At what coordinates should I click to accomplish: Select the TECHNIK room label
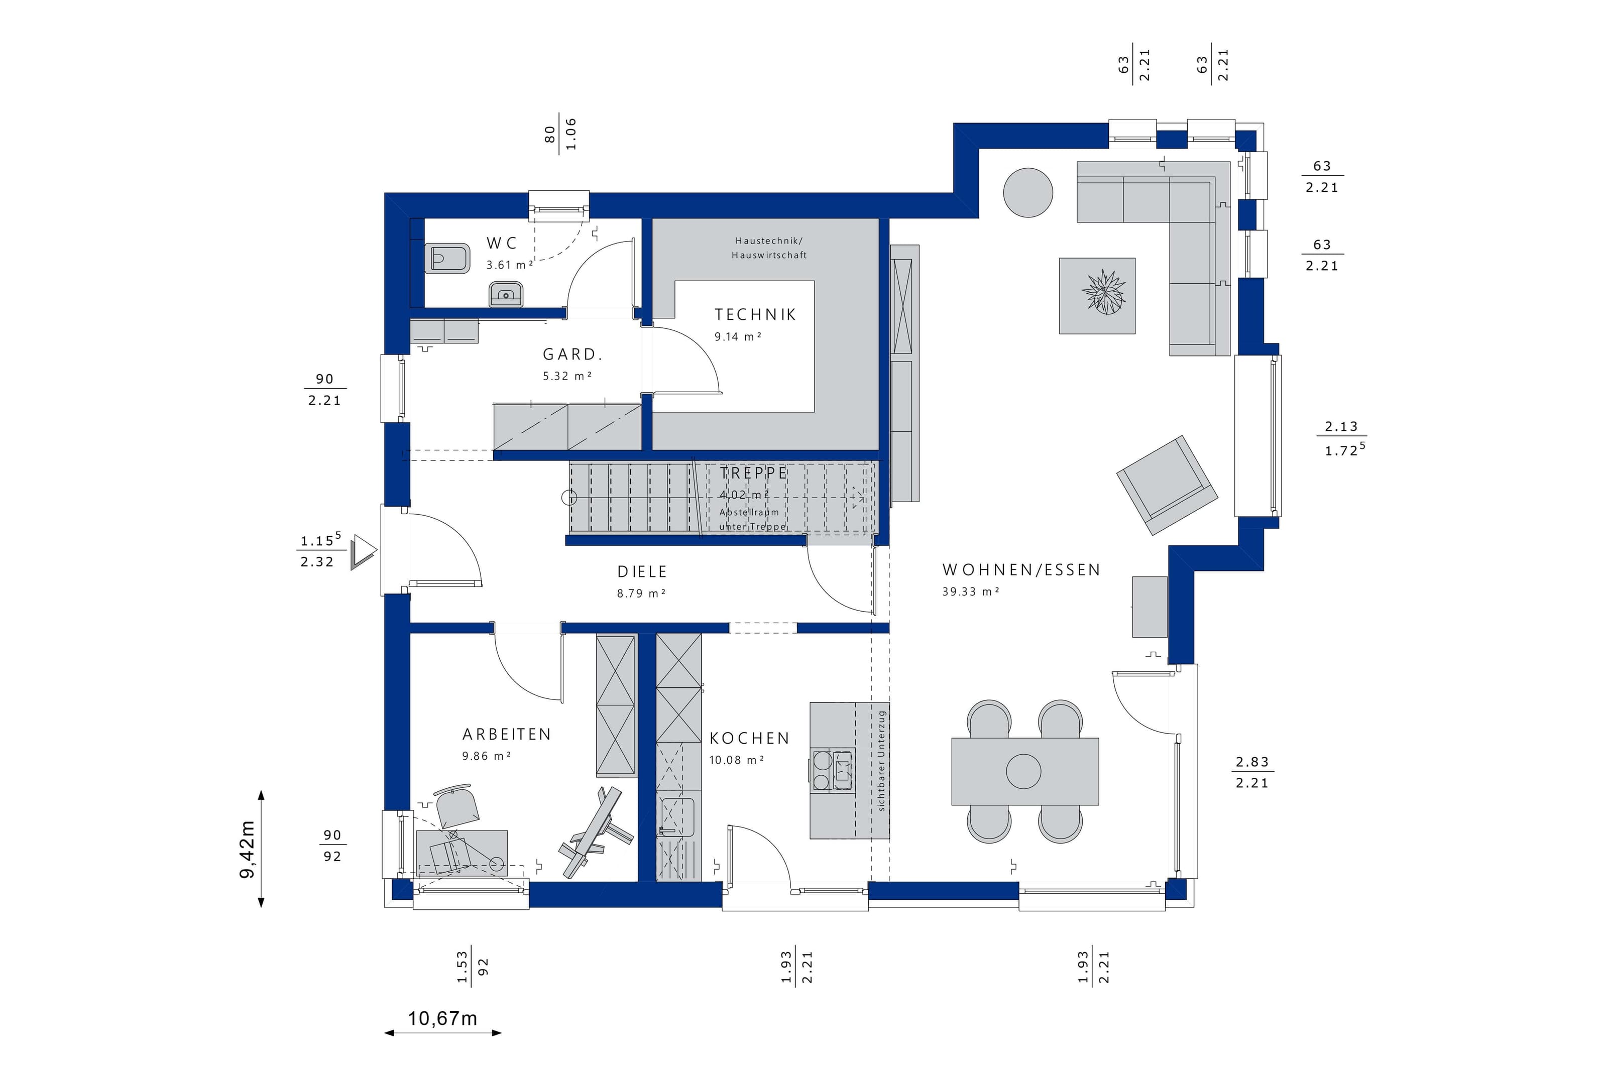(x=755, y=314)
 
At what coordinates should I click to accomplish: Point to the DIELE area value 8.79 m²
(x=641, y=593)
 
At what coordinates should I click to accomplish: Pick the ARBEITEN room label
(x=506, y=734)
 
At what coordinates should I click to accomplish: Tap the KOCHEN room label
(x=749, y=739)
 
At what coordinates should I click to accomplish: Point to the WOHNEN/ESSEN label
(x=1021, y=570)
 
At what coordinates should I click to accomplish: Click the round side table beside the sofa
(x=1028, y=193)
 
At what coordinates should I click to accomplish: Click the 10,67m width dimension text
(x=442, y=1018)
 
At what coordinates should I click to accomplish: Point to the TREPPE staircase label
(x=753, y=472)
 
